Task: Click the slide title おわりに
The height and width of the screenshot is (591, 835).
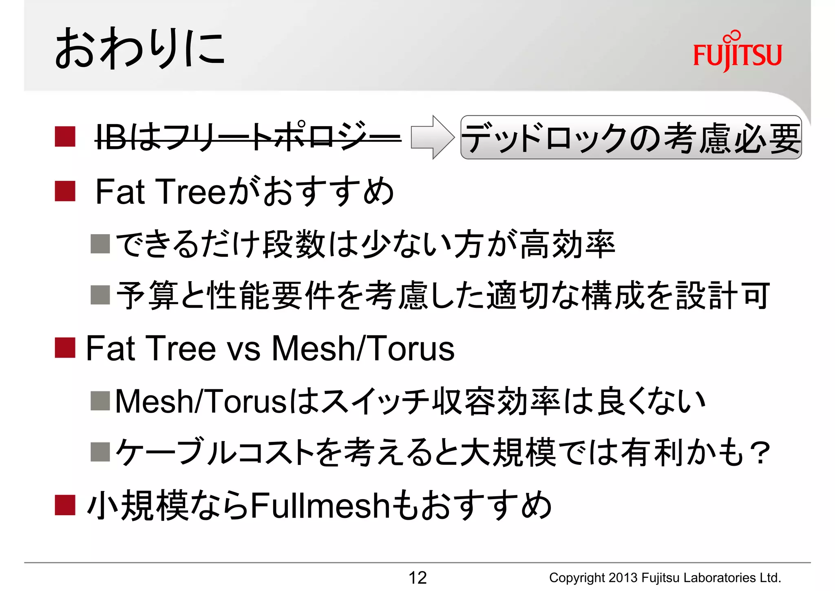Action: tap(139, 48)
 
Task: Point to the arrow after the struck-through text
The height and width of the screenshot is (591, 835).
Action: tap(433, 137)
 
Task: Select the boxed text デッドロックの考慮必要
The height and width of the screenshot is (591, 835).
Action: tap(631, 138)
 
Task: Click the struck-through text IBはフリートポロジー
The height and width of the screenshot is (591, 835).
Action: tap(247, 137)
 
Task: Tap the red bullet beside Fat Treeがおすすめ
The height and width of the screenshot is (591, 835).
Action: tap(65, 191)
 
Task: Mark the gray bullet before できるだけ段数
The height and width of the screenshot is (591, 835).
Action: tap(100, 244)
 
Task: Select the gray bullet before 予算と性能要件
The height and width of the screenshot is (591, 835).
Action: tap(100, 295)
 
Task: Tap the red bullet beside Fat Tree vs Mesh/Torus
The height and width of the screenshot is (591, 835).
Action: tap(65, 348)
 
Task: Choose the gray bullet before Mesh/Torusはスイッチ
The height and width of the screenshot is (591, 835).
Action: tap(100, 400)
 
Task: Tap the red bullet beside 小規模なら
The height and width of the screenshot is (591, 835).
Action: tap(65, 505)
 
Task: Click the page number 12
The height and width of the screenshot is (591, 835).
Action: tap(417, 578)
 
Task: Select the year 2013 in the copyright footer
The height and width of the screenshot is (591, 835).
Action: tap(623, 578)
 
